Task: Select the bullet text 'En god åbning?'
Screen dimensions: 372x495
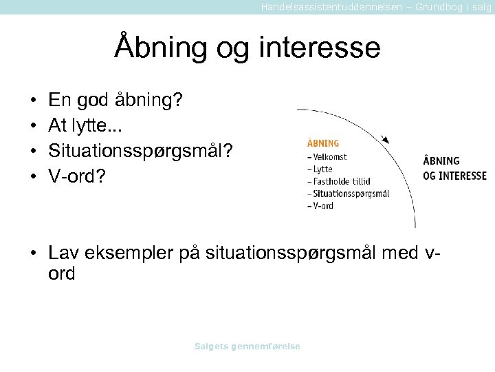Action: pos(115,101)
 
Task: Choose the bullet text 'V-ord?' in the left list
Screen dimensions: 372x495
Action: pos(77,176)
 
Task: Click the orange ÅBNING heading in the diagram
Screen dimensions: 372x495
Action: pos(322,144)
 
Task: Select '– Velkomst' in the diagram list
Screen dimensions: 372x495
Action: pos(327,156)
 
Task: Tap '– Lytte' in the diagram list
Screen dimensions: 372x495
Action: pos(320,169)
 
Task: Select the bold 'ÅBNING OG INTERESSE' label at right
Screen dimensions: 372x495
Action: pos(454,168)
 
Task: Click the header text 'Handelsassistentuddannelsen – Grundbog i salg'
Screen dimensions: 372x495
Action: pos(376,6)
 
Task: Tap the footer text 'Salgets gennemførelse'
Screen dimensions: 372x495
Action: pos(247,347)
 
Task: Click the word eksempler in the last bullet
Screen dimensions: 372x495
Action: pos(128,253)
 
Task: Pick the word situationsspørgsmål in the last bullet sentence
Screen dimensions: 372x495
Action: pos(286,253)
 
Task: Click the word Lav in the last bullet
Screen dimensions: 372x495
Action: pos(62,253)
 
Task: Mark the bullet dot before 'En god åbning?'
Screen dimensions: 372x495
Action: pos(33,101)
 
